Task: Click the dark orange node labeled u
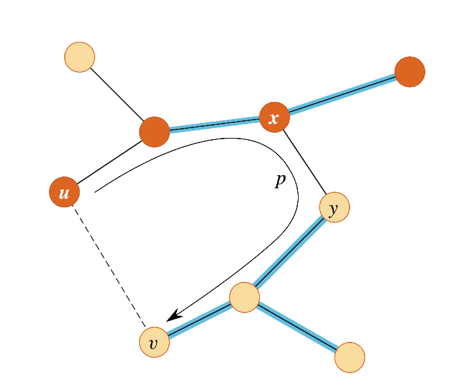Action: point(64,192)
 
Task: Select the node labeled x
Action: point(274,117)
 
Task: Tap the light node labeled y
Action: point(334,208)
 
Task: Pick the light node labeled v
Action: point(154,342)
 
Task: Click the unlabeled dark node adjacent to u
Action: point(154,131)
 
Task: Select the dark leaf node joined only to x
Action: point(410,71)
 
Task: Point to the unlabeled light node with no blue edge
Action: point(80,57)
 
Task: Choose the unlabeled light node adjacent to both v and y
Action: point(244,298)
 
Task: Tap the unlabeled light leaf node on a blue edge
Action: point(350,357)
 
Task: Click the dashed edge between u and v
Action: point(109,267)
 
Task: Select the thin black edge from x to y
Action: point(304,162)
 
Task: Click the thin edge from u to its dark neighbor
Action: point(109,162)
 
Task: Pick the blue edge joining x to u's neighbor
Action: point(214,124)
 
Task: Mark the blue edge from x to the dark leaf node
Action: point(342,94)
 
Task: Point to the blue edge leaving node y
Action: point(289,253)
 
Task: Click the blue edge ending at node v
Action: point(199,320)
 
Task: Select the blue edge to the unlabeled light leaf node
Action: point(297,328)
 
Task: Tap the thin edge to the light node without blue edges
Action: point(117,94)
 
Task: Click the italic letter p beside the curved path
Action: point(280,181)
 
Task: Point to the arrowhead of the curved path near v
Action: point(172,316)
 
